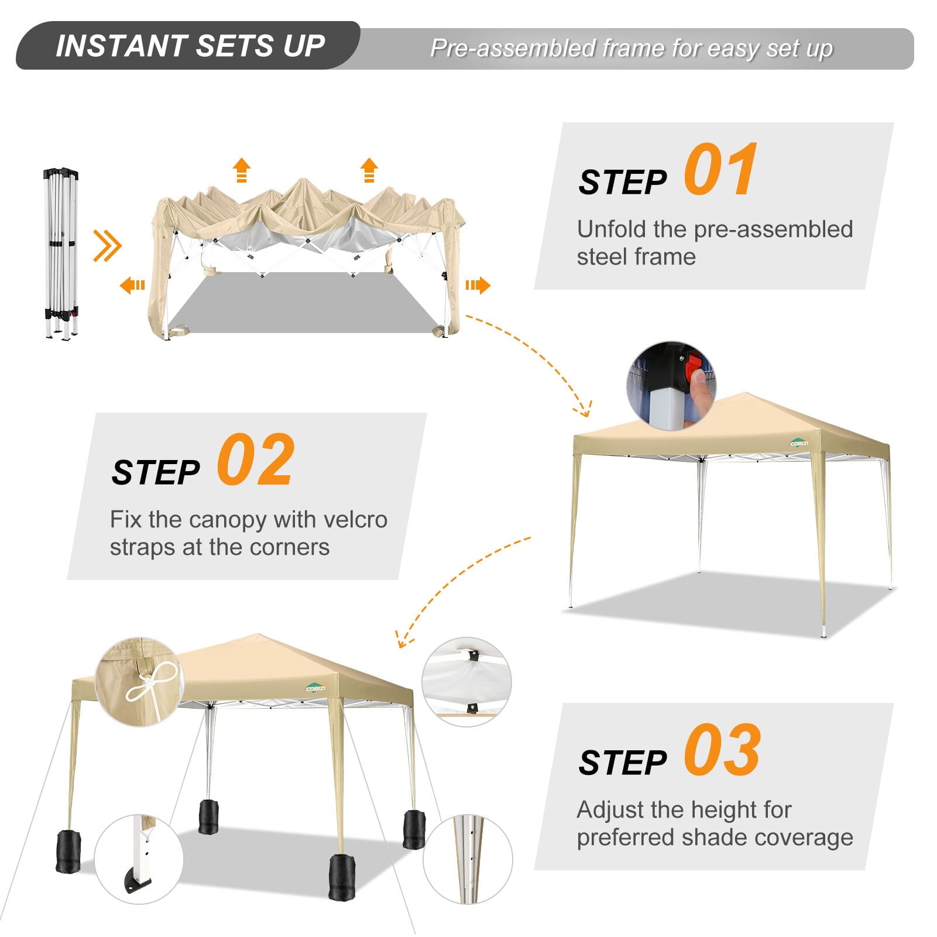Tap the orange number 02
point(255,460)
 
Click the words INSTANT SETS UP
point(190,46)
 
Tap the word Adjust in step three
point(610,811)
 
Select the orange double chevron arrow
point(107,246)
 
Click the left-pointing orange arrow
point(132,286)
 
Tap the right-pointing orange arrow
point(478,286)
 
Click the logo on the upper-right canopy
point(799,442)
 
